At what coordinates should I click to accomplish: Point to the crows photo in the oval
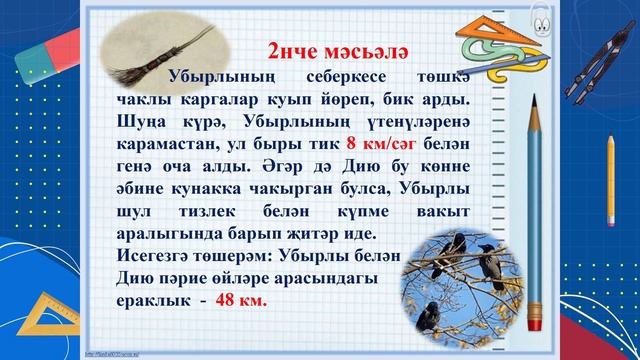click(459, 279)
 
